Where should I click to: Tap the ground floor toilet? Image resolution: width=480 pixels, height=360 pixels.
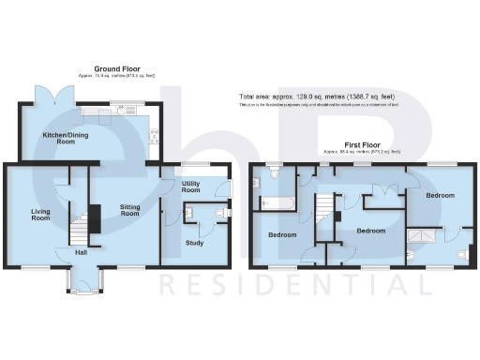[217, 215]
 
